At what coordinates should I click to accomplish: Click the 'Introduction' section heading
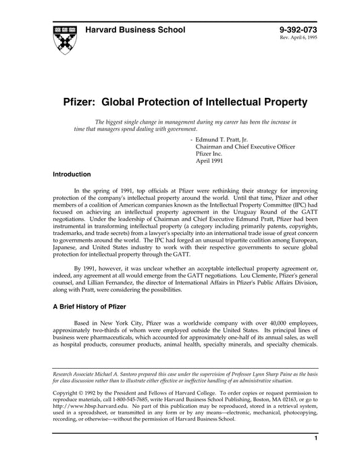[72, 174]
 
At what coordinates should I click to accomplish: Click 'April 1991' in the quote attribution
[210, 161]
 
